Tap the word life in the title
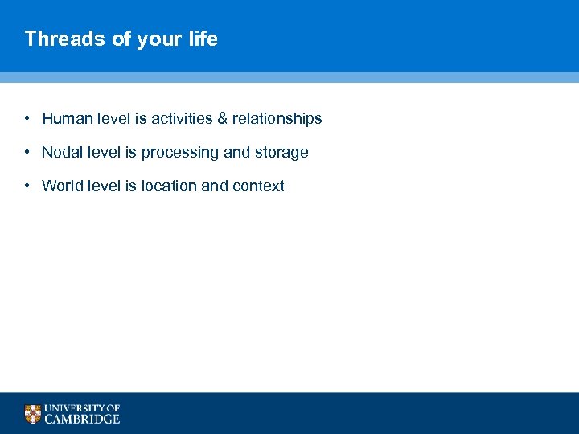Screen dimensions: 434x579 [x=203, y=39]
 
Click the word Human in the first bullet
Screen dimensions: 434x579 [x=67, y=119]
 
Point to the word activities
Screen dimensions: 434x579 [x=181, y=119]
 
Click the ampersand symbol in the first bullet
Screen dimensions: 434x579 [x=222, y=119]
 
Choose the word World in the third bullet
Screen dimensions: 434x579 [x=62, y=186]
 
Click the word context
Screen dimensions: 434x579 [x=258, y=186]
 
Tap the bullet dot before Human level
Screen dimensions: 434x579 [x=27, y=119]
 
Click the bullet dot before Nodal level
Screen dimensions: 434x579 [x=27, y=153]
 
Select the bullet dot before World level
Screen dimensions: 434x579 [x=27, y=186]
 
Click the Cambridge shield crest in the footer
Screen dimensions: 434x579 [x=32, y=414]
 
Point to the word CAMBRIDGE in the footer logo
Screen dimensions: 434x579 [x=82, y=419]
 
